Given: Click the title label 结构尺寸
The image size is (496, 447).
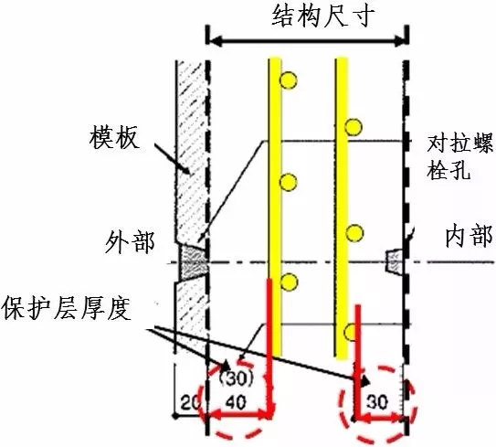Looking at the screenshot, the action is [323, 16].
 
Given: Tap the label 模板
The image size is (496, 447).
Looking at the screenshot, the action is [114, 138].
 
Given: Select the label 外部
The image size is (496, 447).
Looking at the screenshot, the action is [130, 242].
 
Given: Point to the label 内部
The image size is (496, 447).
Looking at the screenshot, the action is [469, 236].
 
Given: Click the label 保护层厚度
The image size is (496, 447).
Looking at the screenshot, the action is [67, 308].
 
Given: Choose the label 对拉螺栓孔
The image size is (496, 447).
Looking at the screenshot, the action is [459, 157].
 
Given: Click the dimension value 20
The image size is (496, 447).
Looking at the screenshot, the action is [190, 403].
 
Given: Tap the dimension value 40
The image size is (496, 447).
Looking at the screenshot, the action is [236, 403].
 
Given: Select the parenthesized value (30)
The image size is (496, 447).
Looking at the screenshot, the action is [237, 378].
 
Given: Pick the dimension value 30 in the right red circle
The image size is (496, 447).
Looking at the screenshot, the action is [377, 402].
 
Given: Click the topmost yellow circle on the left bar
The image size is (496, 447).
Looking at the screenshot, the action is [288, 80].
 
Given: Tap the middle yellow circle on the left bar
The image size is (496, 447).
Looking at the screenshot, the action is [288, 182].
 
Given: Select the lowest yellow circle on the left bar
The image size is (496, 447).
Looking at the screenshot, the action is [289, 282].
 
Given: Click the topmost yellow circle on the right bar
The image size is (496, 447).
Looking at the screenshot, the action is [354, 127].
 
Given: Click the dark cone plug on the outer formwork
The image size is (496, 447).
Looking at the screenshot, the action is [193, 261].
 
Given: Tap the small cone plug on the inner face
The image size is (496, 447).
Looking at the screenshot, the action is [394, 261].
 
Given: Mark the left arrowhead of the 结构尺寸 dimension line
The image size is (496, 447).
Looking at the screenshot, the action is [215, 40].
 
